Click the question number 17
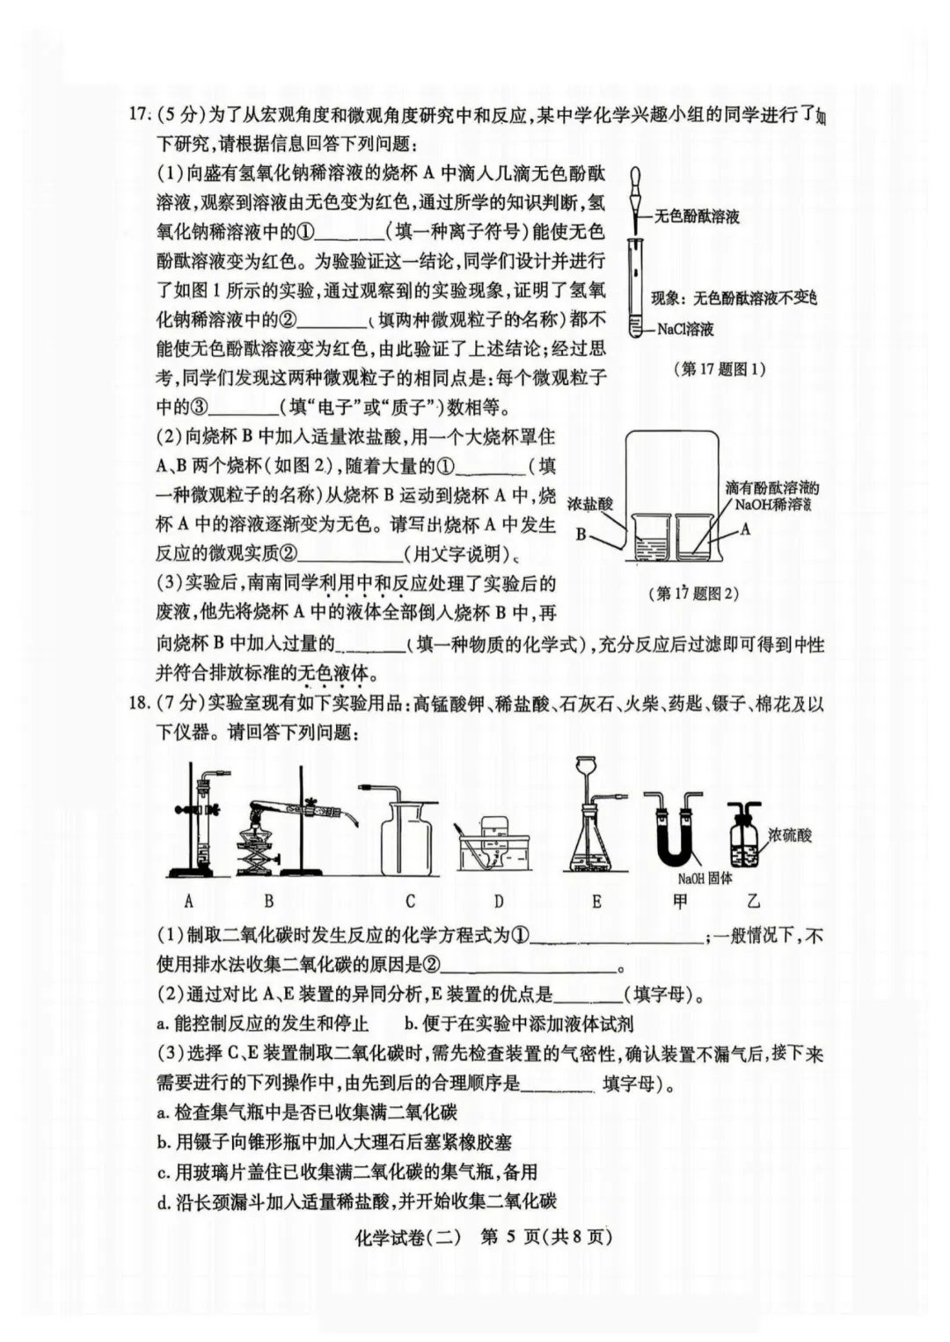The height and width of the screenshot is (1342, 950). coord(136,114)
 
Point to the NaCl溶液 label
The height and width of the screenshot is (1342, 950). coord(686,329)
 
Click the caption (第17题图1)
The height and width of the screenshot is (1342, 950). coord(719,368)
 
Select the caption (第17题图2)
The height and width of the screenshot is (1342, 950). coord(694,593)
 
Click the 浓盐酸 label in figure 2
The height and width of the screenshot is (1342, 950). coord(590,504)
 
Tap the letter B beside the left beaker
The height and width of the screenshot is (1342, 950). coord(581,534)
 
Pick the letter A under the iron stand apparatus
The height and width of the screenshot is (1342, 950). coord(189,901)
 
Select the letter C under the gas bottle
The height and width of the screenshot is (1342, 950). coord(410,901)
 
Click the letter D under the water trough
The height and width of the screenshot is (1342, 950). coord(498,901)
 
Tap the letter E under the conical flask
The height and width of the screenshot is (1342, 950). coord(596,901)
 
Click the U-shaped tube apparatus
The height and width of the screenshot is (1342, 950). coord(675,831)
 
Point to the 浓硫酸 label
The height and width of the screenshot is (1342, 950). coord(790,835)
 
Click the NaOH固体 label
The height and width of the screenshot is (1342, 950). coord(705,878)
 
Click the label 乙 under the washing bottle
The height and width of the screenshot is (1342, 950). coord(753,901)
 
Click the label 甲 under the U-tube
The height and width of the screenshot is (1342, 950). coord(679,901)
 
